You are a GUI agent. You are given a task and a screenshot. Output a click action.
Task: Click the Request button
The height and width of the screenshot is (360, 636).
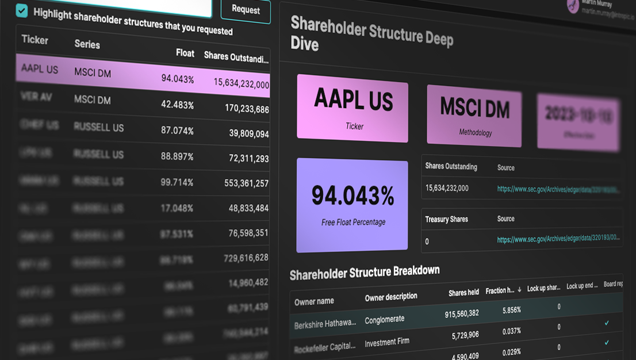[x=246, y=9]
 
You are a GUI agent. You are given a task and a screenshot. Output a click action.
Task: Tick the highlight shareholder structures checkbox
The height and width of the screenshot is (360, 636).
[x=22, y=10]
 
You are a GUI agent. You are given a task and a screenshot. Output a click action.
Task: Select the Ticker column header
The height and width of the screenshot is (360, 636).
[x=35, y=40]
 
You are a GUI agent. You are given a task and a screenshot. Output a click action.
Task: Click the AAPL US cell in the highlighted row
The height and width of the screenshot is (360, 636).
[x=40, y=70]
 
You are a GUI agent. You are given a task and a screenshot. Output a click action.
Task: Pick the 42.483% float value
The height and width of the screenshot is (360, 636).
[x=177, y=105]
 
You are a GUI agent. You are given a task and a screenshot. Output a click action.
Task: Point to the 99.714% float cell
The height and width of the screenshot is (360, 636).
[x=177, y=182]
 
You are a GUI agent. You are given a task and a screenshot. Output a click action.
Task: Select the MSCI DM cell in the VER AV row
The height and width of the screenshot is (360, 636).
[x=92, y=99]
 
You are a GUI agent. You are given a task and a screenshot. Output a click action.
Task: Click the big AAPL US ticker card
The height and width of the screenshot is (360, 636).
[x=353, y=109]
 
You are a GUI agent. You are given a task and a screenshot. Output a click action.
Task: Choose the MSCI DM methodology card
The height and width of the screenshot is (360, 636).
[x=474, y=115]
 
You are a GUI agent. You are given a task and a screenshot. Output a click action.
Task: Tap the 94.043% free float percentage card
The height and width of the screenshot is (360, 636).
[x=353, y=204]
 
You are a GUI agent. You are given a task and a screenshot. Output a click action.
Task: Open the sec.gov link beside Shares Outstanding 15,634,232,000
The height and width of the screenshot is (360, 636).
[x=558, y=189]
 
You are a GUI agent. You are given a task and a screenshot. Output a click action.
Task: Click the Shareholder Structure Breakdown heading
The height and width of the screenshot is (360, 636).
[x=365, y=273]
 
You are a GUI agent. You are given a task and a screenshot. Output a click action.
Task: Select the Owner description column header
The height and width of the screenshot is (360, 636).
[x=391, y=297]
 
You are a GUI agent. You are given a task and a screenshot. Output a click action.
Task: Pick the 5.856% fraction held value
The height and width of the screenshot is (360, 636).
[x=511, y=310]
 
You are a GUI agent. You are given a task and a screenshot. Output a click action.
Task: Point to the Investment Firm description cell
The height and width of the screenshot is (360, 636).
[x=387, y=342]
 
